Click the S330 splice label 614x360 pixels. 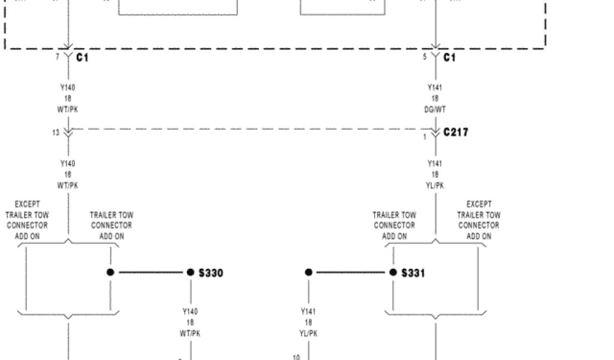[x=211, y=273]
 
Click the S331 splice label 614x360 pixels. [x=413, y=273]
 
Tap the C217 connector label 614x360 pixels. [x=456, y=132]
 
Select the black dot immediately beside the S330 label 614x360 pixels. [x=191, y=272]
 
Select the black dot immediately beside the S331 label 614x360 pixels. [x=393, y=272]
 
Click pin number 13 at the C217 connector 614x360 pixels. [x=56, y=133]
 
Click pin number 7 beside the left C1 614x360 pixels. [x=58, y=57]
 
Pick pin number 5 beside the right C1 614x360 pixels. [x=425, y=57]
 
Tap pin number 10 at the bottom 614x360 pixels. [x=296, y=357]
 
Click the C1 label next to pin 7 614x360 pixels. [x=83, y=58]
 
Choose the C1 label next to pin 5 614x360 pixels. [x=450, y=58]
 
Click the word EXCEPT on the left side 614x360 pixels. [x=28, y=205]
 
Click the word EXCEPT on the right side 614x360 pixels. [x=479, y=205]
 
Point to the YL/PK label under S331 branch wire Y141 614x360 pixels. [x=309, y=334]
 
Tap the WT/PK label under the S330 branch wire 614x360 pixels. [x=191, y=334]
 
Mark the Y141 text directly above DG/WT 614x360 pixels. [x=436, y=88]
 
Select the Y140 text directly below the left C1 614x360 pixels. [x=68, y=88]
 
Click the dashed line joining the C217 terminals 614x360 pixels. [x=252, y=128]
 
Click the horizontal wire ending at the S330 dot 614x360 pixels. [x=150, y=272]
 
